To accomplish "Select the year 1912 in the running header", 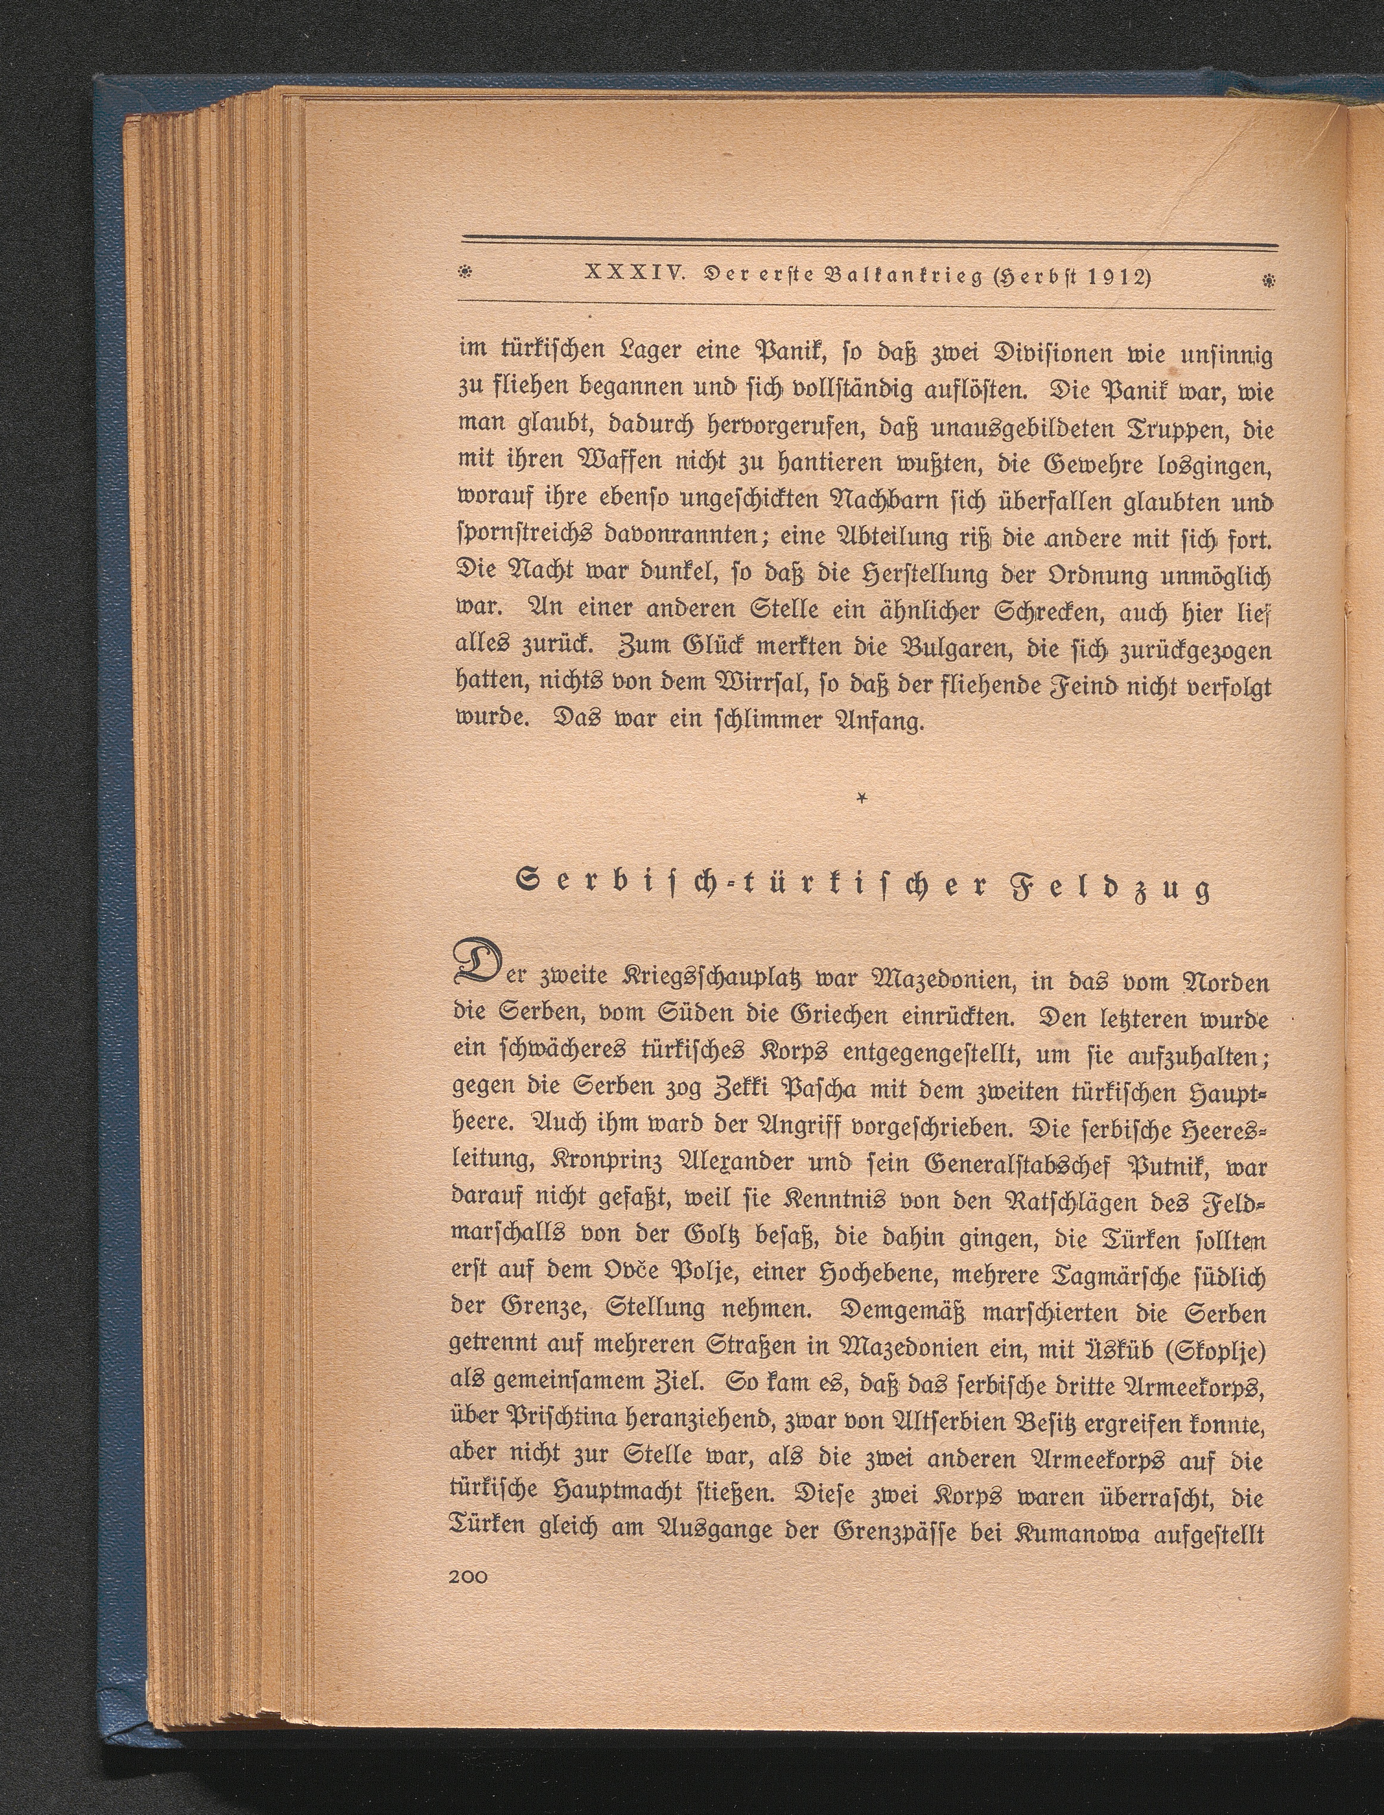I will [x=1105, y=277].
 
